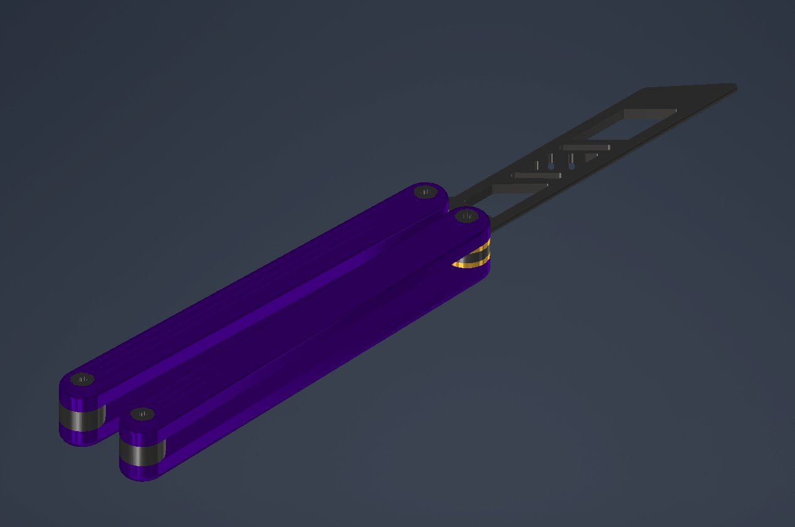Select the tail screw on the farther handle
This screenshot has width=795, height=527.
82,380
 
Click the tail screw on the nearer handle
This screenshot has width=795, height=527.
144,415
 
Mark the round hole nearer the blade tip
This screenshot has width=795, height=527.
571,167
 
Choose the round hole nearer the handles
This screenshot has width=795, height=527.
551,167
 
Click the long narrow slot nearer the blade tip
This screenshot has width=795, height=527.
586,147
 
